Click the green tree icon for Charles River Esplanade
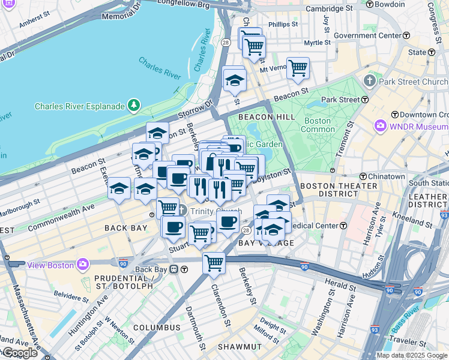click(133, 107)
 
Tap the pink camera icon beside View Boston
click(82, 265)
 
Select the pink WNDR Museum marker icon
click(380, 127)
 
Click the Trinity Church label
click(215, 211)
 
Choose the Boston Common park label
click(318, 125)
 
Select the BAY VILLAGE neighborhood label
click(266, 243)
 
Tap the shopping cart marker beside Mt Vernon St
click(297, 68)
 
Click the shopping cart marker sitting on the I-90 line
click(214, 262)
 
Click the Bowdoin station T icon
click(369, 4)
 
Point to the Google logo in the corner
click(20, 353)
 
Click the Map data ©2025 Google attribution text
click(412, 355)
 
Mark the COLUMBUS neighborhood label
click(157, 328)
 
